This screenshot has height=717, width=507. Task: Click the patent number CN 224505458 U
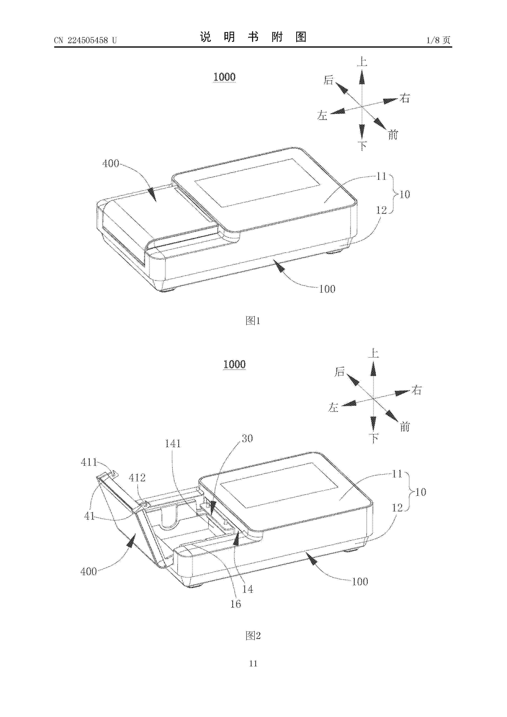coord(85,40)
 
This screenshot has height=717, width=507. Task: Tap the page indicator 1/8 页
coord(438,40)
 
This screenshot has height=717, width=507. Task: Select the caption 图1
coord(253,320)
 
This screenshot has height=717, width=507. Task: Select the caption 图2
coord(253,635)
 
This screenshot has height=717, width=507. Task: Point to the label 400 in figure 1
coord(111,163)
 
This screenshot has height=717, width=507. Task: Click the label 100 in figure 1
coord(327,289)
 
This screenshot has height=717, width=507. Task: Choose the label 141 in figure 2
coord(173,444)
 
